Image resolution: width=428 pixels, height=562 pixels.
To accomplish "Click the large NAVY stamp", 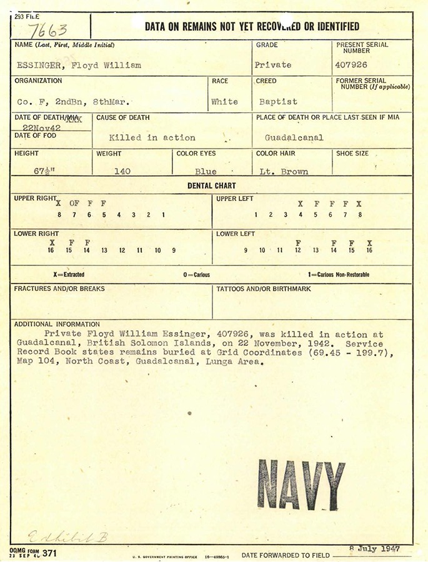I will click(301, 484).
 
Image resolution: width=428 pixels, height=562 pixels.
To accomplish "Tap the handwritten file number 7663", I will click(48, 29).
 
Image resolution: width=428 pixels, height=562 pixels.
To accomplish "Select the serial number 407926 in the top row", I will click(351, 65).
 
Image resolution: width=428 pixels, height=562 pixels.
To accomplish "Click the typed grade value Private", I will click(273, 65).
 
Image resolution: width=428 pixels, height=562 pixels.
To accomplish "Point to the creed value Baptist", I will click(278, 102).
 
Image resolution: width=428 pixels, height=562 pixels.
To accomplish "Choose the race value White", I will click(224, 102).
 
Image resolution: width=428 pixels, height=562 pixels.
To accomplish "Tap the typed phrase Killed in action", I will click(152, 138).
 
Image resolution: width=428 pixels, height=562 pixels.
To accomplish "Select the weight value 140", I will click(122, 172).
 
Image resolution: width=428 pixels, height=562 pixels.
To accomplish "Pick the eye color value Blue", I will click(206, 172).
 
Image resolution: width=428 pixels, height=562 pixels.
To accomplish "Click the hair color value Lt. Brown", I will click(284, 172).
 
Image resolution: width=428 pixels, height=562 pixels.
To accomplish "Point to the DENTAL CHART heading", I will click(212, 185).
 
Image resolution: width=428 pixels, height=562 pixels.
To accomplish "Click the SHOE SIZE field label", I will click(352, 154).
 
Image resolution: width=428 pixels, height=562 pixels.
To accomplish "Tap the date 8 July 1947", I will click(375, 549).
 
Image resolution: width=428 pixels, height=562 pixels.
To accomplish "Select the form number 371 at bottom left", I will click(49, 553).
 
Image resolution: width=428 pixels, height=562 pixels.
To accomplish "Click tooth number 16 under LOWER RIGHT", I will click(51, 250).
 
